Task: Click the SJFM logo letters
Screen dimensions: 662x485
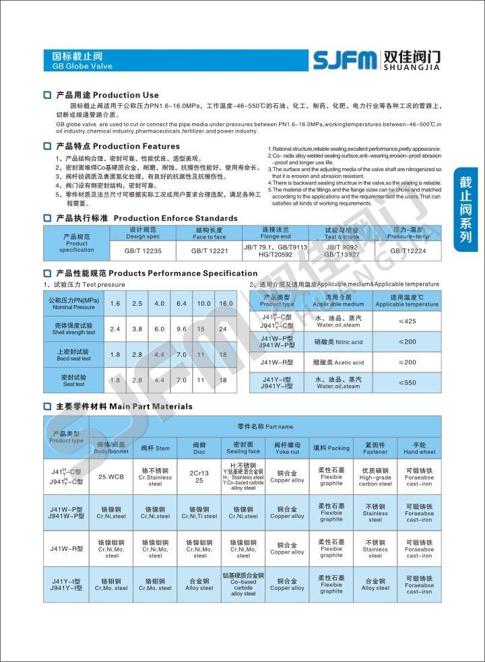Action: click(344, 60)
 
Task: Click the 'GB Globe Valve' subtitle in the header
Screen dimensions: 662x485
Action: click(82, 67)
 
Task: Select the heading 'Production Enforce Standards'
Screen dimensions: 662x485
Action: click(175, 218)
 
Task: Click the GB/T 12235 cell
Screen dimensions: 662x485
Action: click(143, 251)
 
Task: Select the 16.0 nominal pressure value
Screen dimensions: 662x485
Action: click(225, 304)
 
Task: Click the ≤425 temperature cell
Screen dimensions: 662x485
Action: click(408, 321)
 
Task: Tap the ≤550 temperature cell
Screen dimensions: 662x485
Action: click(408, 383)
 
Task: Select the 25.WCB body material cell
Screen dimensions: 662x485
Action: click(111, 477)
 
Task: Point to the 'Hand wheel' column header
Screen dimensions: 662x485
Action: click(419, 449)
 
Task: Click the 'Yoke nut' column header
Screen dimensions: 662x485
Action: click(287, 449)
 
